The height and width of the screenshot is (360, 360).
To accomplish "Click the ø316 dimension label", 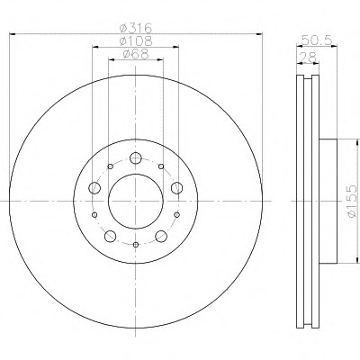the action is point(136,28).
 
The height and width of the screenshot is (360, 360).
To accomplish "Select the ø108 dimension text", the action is point(136,41).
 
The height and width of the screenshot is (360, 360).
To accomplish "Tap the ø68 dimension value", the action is point(136,54).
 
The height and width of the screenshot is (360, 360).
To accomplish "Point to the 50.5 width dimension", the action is point(317,40).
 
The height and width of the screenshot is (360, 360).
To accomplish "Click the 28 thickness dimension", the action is point(308,58).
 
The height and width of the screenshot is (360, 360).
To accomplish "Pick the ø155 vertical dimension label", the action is point(352,201).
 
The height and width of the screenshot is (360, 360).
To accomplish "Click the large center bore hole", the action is point(136,202).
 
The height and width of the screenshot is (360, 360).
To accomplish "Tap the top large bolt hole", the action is point(136,157).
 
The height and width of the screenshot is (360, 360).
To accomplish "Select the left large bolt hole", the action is point(94,188).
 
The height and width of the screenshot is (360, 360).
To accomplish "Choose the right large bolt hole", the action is point(176,188).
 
